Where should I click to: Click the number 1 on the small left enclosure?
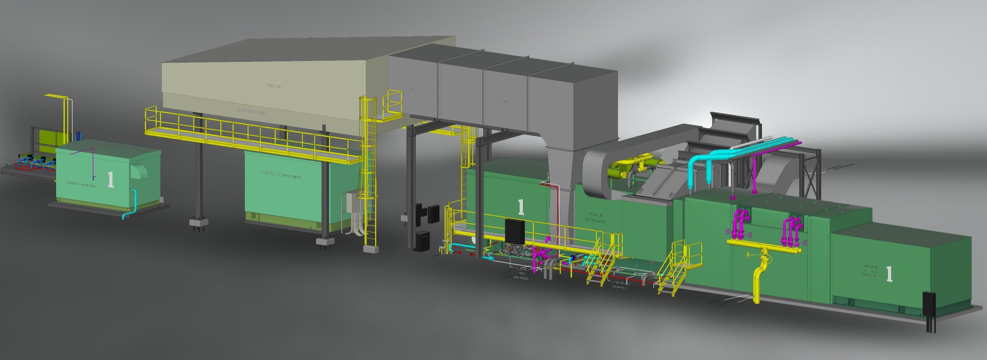[111, 180]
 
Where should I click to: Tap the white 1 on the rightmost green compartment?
[889, 274]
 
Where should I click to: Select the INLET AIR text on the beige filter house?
[274, 86]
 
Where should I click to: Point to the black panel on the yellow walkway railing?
[514, 231]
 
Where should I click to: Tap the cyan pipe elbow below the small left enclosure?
[126, 216]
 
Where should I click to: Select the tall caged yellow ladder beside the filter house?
[369, 170]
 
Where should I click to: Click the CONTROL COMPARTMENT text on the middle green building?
[281, 175]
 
